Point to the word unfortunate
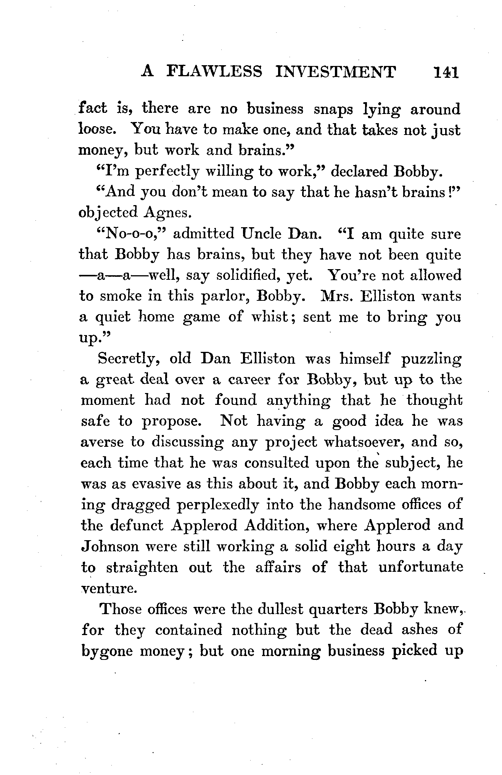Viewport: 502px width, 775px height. click(x=421, y=567)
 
